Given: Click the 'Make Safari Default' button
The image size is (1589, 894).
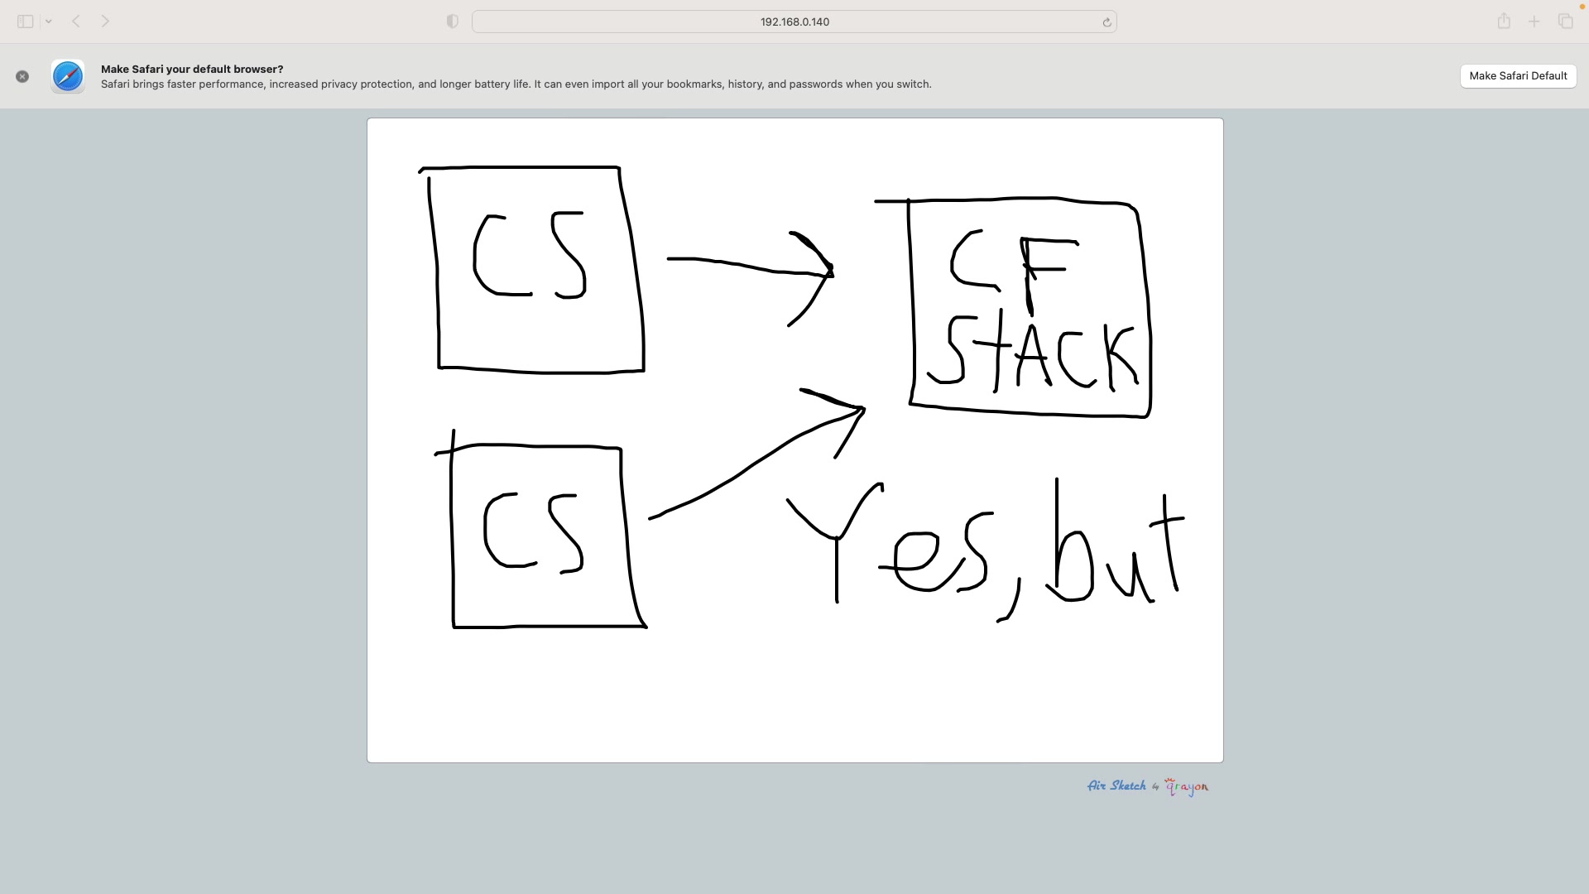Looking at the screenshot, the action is (1518, 76).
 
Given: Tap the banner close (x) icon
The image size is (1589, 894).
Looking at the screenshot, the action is (22, 76).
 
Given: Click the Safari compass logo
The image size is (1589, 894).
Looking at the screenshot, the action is (68, 76).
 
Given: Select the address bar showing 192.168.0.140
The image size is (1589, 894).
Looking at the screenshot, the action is (794, 22).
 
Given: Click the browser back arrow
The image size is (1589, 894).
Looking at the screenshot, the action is (76, 22).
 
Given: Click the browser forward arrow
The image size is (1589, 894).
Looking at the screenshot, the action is (105, 22).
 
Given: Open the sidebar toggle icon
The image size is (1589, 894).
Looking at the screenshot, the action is (26, 22).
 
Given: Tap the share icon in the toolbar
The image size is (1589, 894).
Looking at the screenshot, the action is (1504, 22).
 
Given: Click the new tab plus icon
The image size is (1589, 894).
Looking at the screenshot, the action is (1534, 22).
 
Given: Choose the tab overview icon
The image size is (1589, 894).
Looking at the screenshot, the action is (1565, 22).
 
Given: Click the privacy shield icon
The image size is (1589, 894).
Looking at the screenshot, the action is (453, 22).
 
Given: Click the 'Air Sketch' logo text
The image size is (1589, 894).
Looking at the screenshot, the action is (1116, 786).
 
